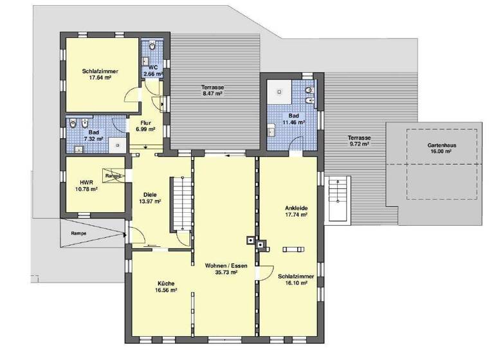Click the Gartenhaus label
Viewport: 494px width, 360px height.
pyautogui.click(x=442, y=146)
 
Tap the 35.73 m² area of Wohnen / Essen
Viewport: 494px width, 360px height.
pyautogui.click(x=221, y=273)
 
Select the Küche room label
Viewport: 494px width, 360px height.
pyautogui.click(x=166, y=283)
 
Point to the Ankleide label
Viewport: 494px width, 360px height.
pyautogui.click(x=296, y=208)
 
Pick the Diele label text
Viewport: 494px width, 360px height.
pyautogui.click(x=149, y=194)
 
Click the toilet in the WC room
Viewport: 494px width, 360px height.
pyautogui.click(x=152, y=46)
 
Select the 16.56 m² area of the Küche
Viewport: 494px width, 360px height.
pyautogui.click(x=166, y=290)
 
